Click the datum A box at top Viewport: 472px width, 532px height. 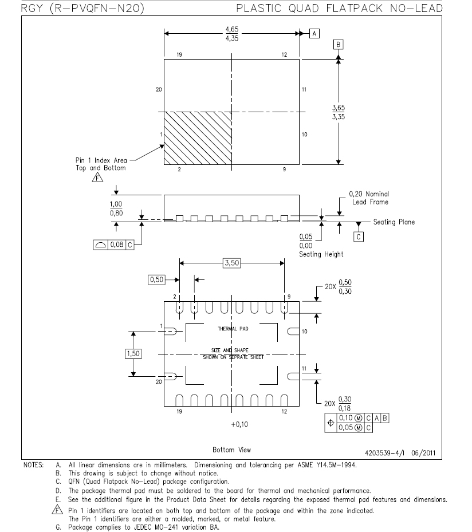pyautogui.click(x=314, y=34)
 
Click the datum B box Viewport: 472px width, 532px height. pyautogui.click(x=338, y=45)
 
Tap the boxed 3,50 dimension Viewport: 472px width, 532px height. pyautogui.click(x=232, y=263)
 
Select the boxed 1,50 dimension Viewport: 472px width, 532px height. pyautogui.click(x=133, y=354)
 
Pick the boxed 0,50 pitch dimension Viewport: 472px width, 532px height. pyautogui.click(x=156, y=279)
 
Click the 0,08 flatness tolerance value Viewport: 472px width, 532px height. pyautogui.click(x=117, y=245)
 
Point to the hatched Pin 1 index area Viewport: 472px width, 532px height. pyautogui.click(x=198, y=138)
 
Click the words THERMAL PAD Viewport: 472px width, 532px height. pyautogui.click(x=233, y=329)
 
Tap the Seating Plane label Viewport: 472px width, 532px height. pyautogui.click(x=394, y=222)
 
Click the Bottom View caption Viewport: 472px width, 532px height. pyautogui.click(x=232, y=450)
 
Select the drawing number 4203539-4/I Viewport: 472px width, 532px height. pyautogui.click(x=384, y=453)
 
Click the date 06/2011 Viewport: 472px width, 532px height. pyautogui.click(x=423, y=453)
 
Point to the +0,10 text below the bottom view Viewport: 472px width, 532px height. pyautogui.click(x=239, y=424)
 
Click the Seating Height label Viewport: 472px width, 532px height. pyautogui.click(x=321, y=254)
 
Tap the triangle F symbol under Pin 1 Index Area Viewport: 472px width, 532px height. pyautogui.click(x=97, y=177)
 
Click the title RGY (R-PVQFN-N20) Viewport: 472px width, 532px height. pyautogui.click(x=83, y=8)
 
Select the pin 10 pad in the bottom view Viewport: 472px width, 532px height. pyautogui.click(x=293, y=332)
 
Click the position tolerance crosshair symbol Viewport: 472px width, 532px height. pyautogui.click(x=331, y=423)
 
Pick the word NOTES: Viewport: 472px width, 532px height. pyautogui.click(x=34, y=465)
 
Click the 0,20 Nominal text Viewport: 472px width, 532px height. pyautogui.click(x=369, y=194)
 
